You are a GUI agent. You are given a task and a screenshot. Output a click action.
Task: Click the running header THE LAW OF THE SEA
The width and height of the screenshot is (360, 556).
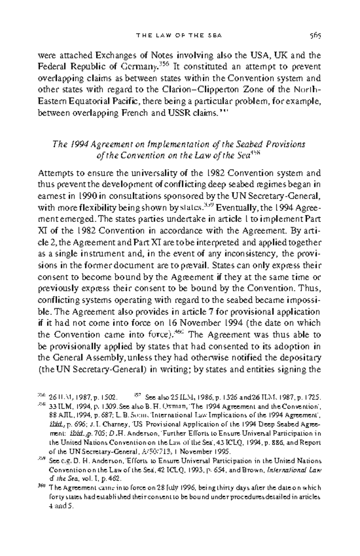[x=179, y=36]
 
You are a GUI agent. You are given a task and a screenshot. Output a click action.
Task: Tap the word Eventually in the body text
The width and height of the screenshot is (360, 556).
[x=236, y=208]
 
